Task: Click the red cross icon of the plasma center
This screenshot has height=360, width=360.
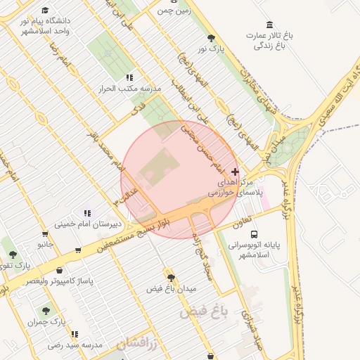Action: pos(235,172)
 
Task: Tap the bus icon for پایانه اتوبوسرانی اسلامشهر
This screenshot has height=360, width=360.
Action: pos(254,234)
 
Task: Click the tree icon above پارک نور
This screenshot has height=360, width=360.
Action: pos(212,38)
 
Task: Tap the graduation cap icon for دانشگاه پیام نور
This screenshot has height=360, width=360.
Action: pos(46,11)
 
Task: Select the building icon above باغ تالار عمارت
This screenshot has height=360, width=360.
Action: pos(270,24)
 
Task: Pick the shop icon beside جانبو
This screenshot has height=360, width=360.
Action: pos(45,233)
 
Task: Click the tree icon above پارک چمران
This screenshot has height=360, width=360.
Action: pos(46,310)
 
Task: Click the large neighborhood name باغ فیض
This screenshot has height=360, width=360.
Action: pos(204,311)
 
